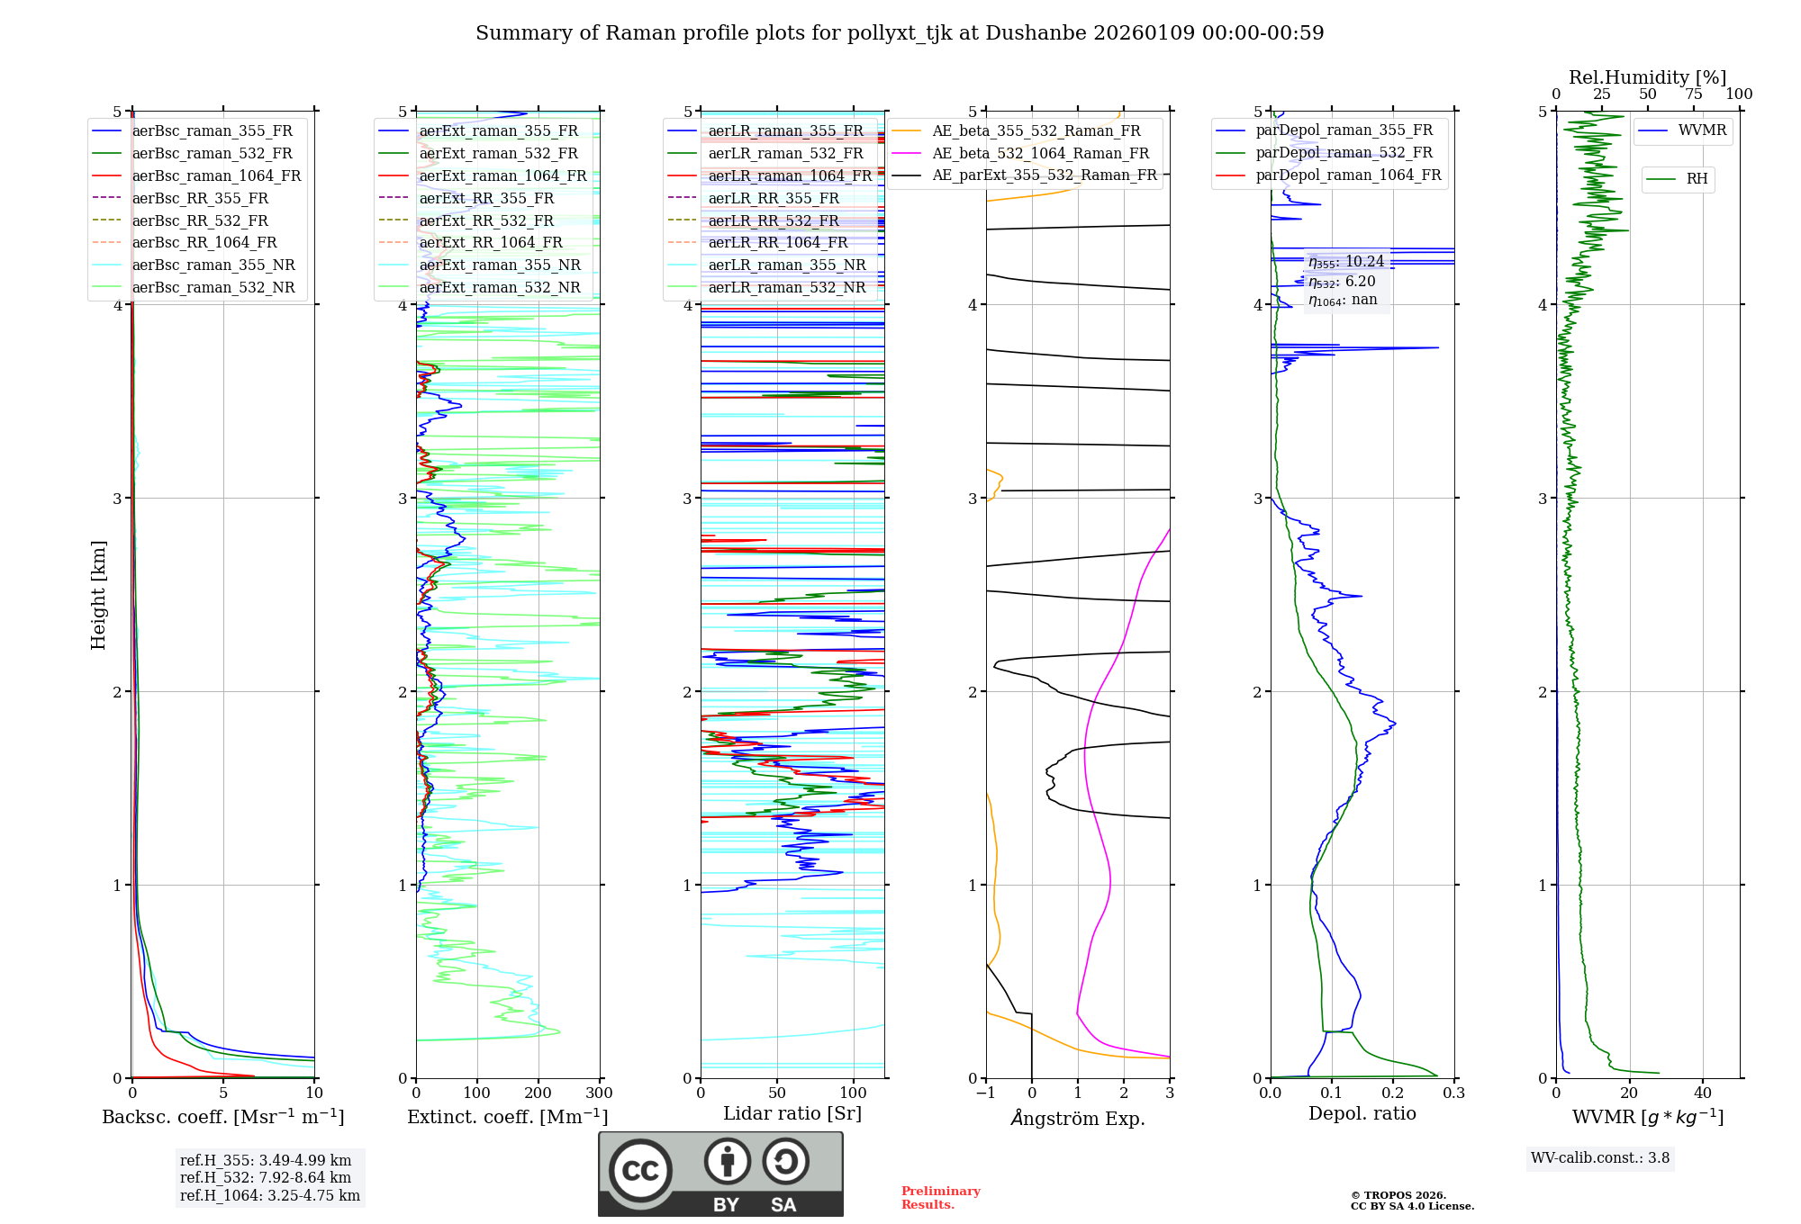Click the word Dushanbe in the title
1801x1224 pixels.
coord(1036,33)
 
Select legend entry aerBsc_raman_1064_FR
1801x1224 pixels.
coord(216,176)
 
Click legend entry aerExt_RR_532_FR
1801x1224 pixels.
coord(486,220)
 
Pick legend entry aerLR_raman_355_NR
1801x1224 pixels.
coord(786,265)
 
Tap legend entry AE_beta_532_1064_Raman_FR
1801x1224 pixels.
coord(1040,154)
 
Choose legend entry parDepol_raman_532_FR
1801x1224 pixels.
coord(1344,153)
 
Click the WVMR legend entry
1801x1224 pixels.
coord(1701,130)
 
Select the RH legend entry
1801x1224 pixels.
coord(1697,179)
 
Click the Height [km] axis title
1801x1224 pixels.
coord(98,595)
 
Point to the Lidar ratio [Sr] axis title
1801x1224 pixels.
coord(792,1113)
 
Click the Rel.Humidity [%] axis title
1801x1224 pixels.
coord(1647,77)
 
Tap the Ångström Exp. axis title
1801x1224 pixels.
coord(1078,1119)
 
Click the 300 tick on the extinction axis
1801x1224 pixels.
coord(600,1093)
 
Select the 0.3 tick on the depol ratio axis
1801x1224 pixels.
coord(1453,1093)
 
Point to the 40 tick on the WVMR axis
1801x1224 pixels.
coord(1702,1093)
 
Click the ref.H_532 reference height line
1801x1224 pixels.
coord(266,1177)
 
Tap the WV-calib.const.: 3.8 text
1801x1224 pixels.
coord(1600,1158)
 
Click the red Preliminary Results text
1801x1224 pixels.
coord(940,1198)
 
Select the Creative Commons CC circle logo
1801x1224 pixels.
coord(640,1171)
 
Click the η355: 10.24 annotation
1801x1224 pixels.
coord(1346,262)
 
